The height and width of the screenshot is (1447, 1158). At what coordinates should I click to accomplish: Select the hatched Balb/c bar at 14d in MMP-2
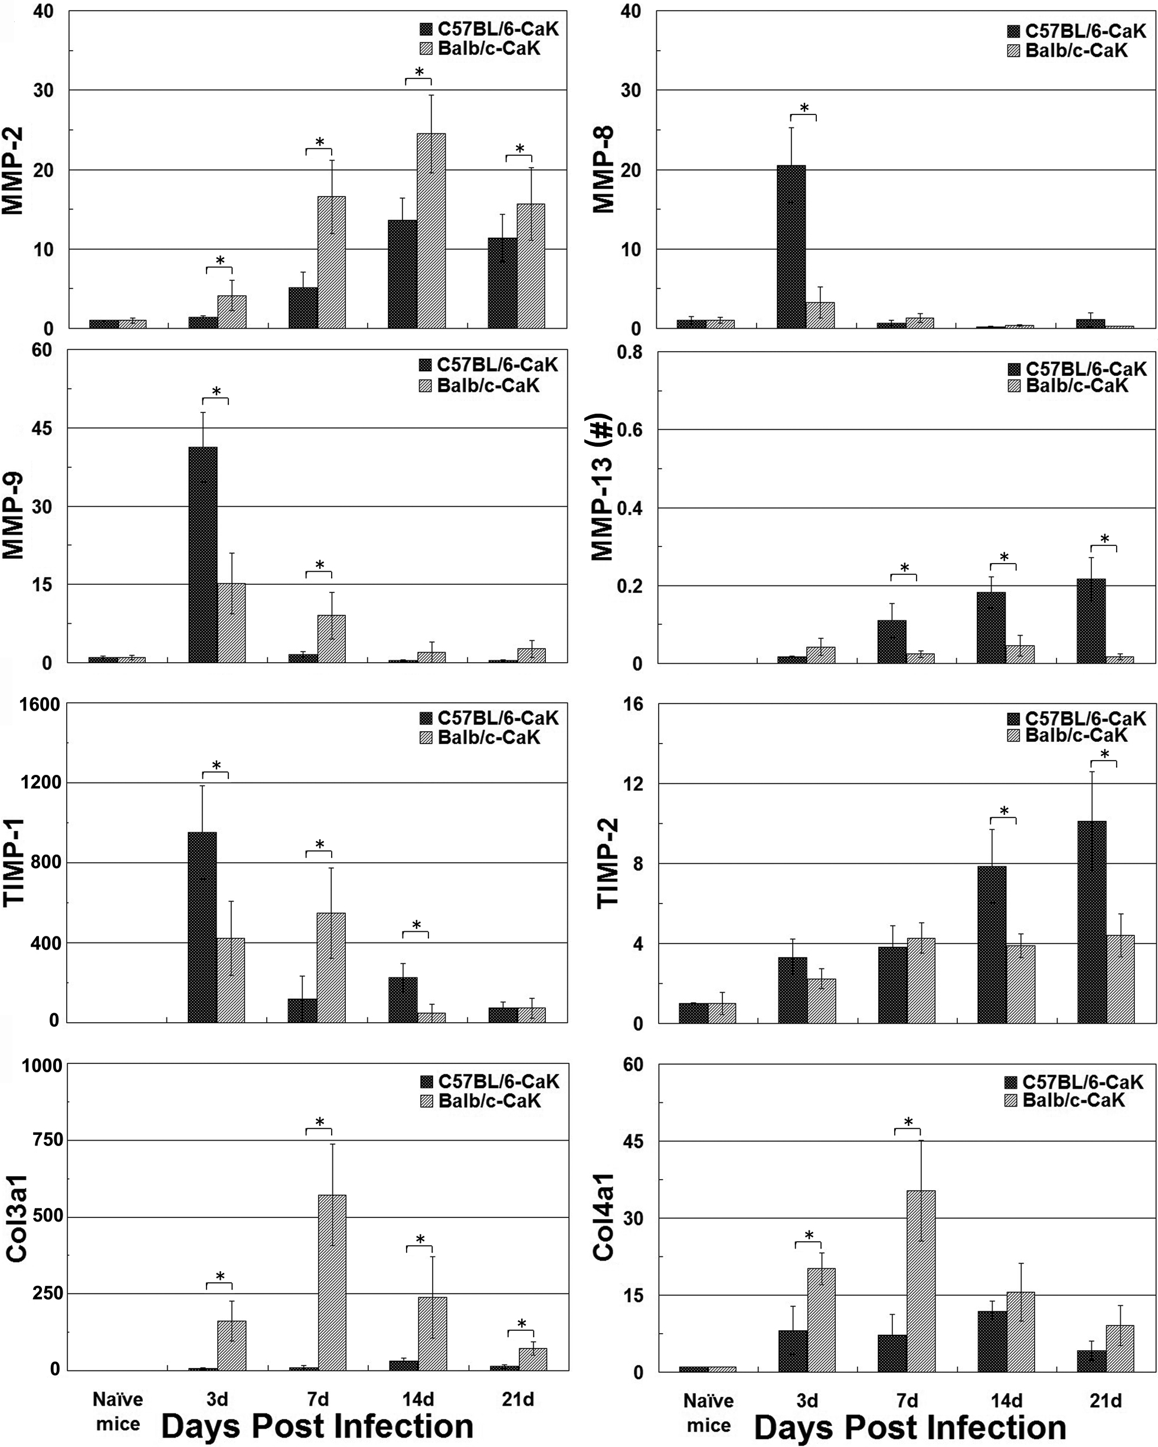click(x=431, y=231)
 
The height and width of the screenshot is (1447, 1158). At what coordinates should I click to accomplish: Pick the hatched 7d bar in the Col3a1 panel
click(x=332, y=1282)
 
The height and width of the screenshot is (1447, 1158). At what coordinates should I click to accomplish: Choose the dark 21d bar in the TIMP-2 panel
click(x=1091, y=922)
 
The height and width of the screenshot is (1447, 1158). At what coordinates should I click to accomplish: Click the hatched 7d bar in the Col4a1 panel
click(x=921, y=1281)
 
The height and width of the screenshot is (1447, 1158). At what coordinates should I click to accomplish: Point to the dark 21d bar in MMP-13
click(x=1091, y=621)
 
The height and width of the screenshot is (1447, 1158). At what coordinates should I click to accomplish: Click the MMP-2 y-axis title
click(x=14, y=171)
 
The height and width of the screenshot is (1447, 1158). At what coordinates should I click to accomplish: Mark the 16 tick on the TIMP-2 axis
click(x=634, y=705)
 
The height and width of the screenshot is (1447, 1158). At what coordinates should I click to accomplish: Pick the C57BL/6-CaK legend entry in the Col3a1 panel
click(x=490, y=1081)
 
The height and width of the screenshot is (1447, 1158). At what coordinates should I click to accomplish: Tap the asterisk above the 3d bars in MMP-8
click(x=804, y=108)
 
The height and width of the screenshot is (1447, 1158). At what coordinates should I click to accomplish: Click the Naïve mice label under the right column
click(x=708, y=1413)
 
